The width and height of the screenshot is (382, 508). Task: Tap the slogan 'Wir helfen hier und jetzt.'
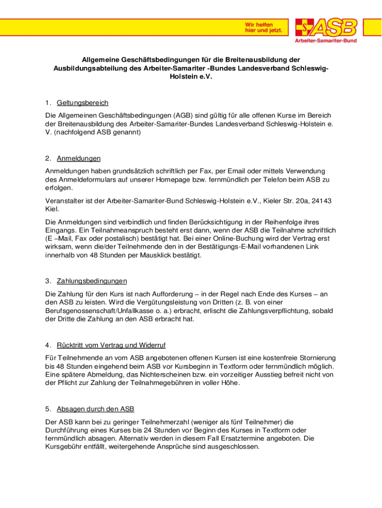(x=263, y=27)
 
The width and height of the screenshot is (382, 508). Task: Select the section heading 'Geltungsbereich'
(x=82, y=103)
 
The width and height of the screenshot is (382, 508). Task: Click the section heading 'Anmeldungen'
(x=78, y=158)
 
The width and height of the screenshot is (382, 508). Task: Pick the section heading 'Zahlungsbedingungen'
(x=92, y=281)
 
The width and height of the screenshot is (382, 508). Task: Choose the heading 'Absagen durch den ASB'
(x=95, y=409)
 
